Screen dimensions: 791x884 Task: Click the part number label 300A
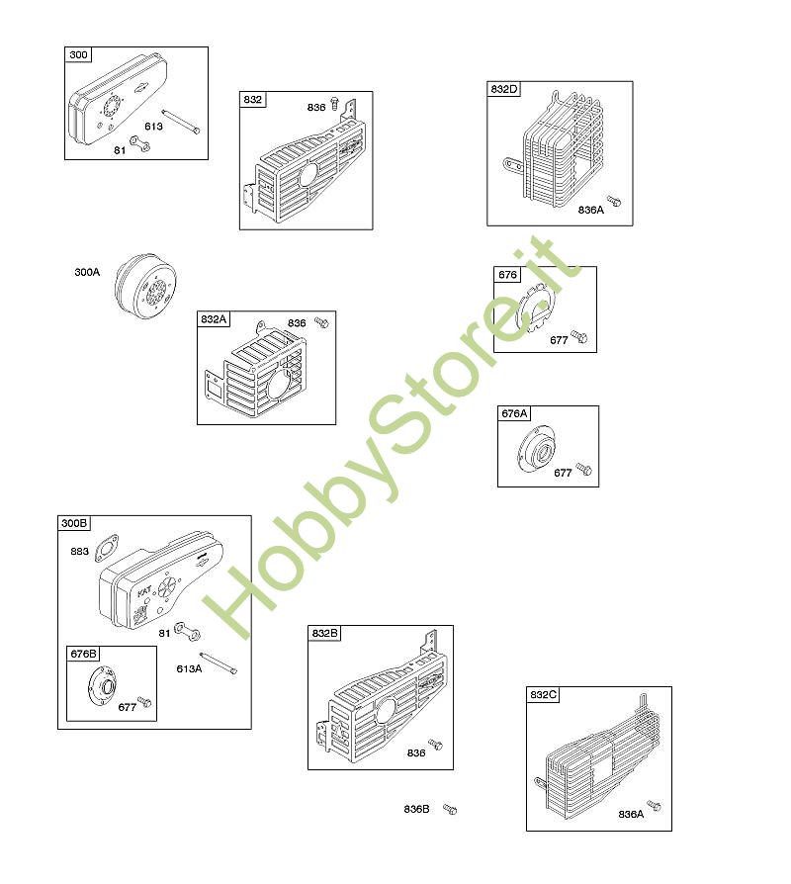click(x=87, y=272)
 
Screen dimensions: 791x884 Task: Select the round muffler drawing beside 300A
click(x=145, y=287)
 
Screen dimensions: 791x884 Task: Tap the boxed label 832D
click(x=503, y=89)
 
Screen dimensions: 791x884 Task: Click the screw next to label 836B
click(x=449, y=810)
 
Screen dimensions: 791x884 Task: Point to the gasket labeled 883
click(x=107, y=548)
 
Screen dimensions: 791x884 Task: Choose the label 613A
click(x=189, y=668)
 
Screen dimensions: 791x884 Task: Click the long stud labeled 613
click(x=180, y=122)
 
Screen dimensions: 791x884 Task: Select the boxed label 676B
click(x=83, y=654)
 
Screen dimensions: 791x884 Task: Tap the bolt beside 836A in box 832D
click(x=613, y=201)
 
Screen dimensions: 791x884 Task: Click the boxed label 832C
click(x=543, y=694)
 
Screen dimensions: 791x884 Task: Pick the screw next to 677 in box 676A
click(x=583, y=469)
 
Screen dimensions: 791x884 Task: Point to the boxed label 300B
click(x=74, y=523)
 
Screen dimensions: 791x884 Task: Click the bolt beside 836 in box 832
click(x=335, y=103)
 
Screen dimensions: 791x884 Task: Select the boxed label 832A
click(x=214, y=319)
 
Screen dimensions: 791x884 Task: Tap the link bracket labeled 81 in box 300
click(x=139, y=144)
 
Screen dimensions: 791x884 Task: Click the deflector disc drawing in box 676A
click(x=537, y=448)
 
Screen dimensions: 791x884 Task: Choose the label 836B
click(x=416, y=809)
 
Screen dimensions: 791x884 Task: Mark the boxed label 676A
click(x=514, y=413)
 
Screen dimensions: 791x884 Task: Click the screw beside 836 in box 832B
click(x=435, y=745)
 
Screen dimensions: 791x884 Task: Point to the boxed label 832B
click(x=324, y=633)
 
